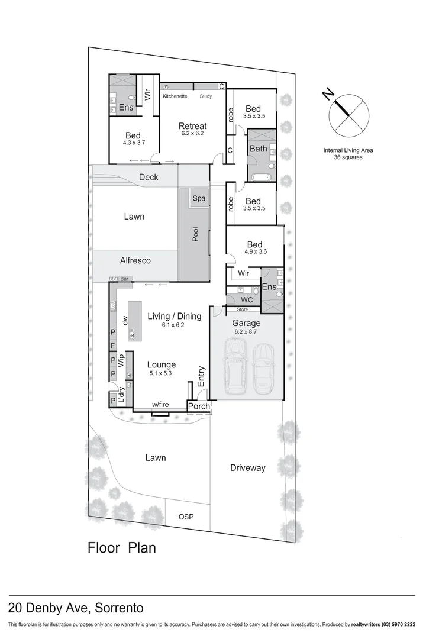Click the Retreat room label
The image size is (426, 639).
tap(193, 125)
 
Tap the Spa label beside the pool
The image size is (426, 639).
tap(199, 198)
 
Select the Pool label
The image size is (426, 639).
tap(195, 234)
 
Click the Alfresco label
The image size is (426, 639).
tap(135, 260)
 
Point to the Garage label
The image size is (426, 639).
tap(246, 323)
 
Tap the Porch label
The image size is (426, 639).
tap(198, 406)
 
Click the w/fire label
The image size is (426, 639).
tap(160, 405)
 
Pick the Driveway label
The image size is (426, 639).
tap(247, 468)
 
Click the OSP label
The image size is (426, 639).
tap(186, 517)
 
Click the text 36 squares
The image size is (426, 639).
tap(348, 158)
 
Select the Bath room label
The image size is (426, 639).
tap(258, 149)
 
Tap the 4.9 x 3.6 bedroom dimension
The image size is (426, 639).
tap(254, 252)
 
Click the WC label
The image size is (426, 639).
tap(247, 300)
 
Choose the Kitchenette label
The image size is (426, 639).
tap(175, 96)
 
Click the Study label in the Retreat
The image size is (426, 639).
tap(206, 96)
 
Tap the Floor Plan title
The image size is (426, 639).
tap(122, 547)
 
